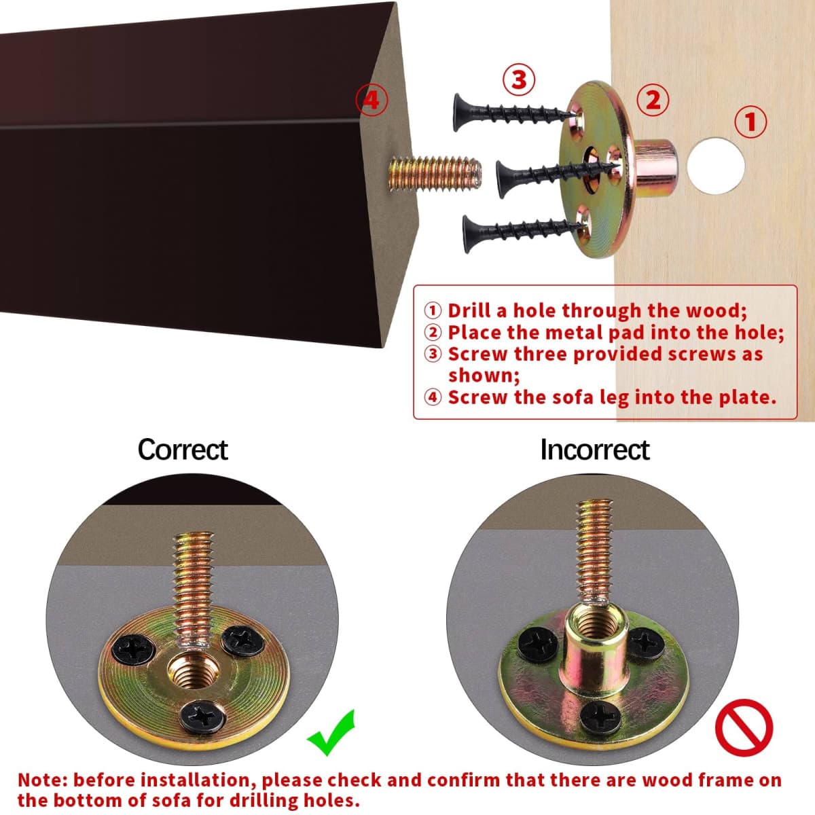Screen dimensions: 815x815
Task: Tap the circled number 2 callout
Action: tap(653, 101)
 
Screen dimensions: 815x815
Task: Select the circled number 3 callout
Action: tap(518, 79)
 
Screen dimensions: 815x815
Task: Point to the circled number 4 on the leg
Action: tap(372, 101)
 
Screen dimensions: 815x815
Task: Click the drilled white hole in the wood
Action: tap(716, 166)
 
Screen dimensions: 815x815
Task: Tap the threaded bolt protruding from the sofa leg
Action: tap(435, 173)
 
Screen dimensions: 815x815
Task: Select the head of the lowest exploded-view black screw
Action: tap(468, 234)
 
